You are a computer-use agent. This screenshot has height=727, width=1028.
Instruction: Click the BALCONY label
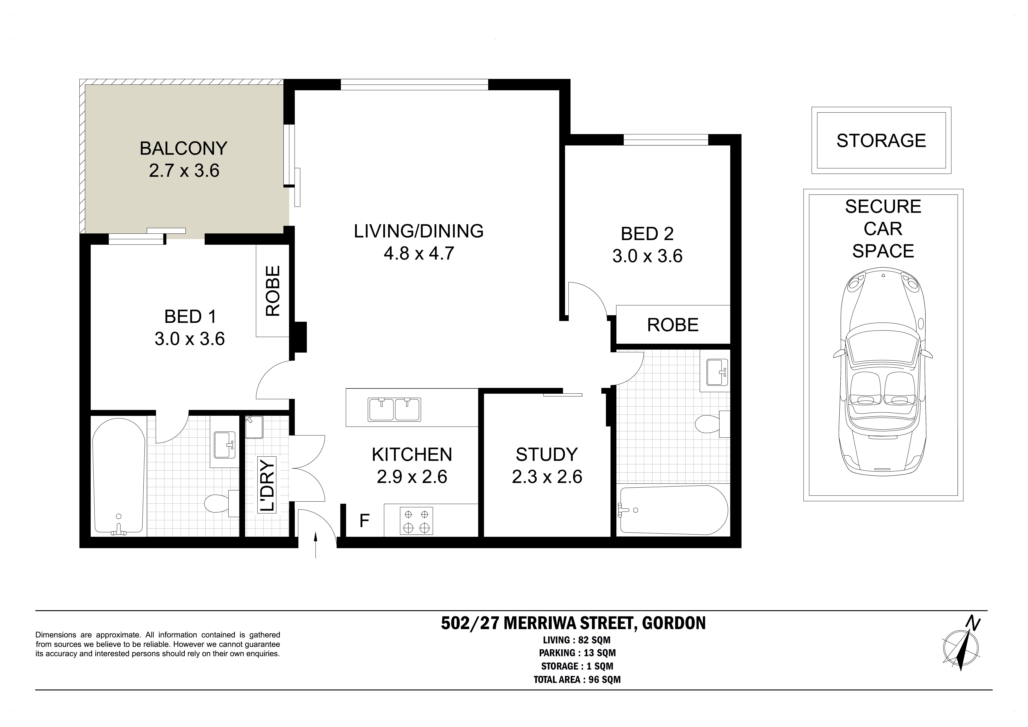pos(184,148)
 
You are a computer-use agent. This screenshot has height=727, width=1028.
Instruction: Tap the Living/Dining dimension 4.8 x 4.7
pos(419,254)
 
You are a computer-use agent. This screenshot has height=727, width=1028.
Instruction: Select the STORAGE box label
pos(881,141)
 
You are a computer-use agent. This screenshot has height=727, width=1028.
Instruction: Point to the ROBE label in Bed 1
pos(273,291)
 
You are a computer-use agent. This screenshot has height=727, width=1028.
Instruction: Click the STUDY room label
pos(547,455)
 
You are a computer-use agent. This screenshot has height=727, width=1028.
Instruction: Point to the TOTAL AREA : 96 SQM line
pos(577,680)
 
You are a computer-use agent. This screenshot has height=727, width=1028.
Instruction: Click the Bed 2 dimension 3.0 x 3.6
pos(647,256)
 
